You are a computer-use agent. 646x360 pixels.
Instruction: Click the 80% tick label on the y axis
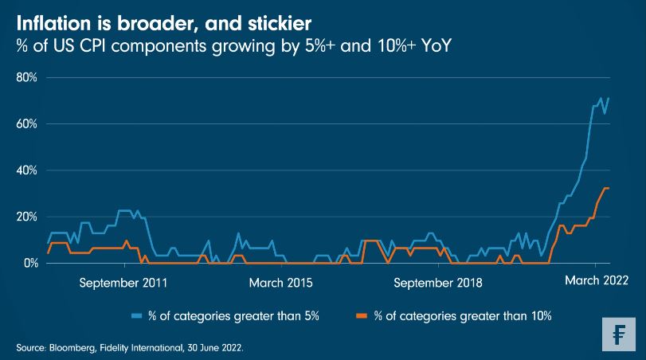coord(26,78)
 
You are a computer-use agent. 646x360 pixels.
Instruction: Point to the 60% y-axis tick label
coord(26,124)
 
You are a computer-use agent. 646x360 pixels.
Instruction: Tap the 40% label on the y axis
coord(26,170)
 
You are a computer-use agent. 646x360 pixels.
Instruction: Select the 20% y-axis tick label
coord(26,217)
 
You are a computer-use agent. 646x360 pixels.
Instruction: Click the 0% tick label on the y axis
coord(29,263)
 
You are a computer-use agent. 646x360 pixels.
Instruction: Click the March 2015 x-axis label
coord(281,281)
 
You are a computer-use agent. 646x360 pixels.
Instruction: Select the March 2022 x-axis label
coord(597,280)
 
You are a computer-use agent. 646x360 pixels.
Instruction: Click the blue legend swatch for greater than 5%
coord(137,316)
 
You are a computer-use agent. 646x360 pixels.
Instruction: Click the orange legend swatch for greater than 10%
coord(360,316)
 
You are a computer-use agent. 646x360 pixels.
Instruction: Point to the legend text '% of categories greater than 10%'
coord(462,316)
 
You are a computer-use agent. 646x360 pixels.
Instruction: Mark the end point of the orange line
coord(609,188)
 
